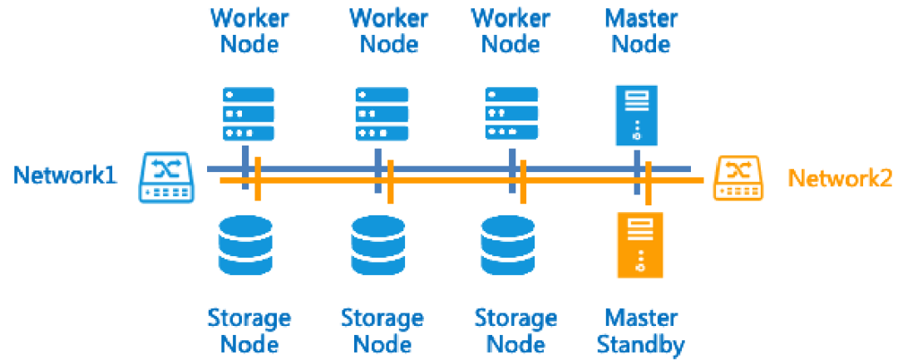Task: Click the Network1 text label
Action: tap(66, 175)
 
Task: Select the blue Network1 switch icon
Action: tap(167, 176)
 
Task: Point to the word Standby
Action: tap(641, 344)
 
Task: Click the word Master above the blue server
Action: tap(641, 17)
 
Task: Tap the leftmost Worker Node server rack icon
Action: tap(248, 115)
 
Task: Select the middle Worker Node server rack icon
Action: tap(382, 115)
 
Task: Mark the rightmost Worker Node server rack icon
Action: tap(511, 115)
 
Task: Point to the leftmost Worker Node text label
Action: tap(249, 30)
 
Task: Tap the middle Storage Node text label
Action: tap(382, 330)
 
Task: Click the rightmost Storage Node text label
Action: tap(516, 330)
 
